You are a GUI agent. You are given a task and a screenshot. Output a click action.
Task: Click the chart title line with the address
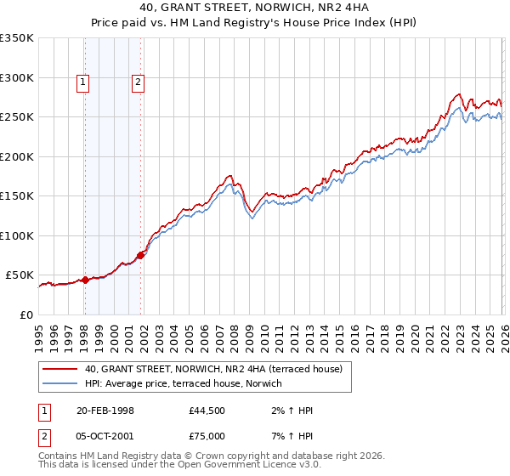(255, 8)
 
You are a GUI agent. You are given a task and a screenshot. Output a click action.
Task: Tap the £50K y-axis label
(20, 275)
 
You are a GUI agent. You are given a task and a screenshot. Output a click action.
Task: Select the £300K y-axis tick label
(17, 77)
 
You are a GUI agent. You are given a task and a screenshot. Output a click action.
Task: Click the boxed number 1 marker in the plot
(83, 82)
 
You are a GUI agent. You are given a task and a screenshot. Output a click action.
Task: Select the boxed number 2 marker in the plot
(138, 82)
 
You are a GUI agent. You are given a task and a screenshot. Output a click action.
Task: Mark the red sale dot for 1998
(85, 280)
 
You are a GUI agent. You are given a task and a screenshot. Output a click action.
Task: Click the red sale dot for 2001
(140, 255)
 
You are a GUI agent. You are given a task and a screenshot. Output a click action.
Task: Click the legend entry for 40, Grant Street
(212, 369)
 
